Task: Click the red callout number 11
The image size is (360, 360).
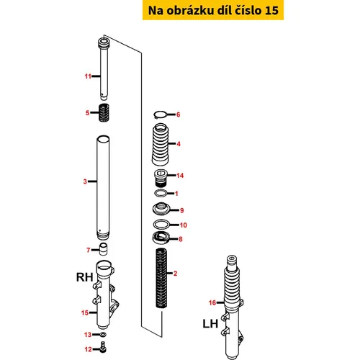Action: pyautogui.click(x=88, y=76)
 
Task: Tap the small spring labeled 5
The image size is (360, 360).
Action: pyautogui.click(x=104, y=112)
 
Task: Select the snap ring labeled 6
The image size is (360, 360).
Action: pyautogui.click(x=160, y=115)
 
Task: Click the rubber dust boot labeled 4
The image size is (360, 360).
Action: pyautogui.click(x=161, y=144)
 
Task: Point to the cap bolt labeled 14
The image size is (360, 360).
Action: pyautogui.click(x=160, y=178)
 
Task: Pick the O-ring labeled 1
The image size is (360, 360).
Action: pyautogui.click(x=161, y=193)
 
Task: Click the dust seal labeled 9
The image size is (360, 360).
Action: pyautogui.click(x=161, y=208)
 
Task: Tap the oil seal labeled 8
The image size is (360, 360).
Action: pyautogui.click(x=161, y=238)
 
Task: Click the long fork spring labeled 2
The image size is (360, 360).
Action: pyautogui.click(x=161, y=278)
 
